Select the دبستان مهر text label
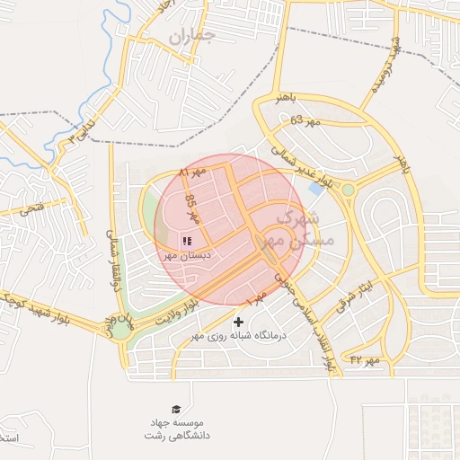(187, 255)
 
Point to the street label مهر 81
(194, 171)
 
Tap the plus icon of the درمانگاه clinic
(238, 322)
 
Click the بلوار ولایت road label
(163, 315)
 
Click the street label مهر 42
(366, 359)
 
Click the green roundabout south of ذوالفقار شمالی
(119, 328)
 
